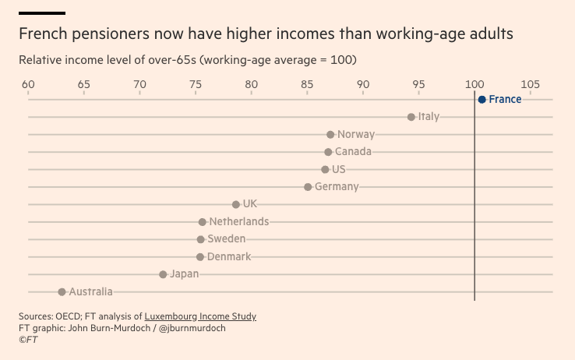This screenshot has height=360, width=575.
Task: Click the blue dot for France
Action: [x=482, y=100]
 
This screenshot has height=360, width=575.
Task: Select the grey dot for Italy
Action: [x=411, y=117]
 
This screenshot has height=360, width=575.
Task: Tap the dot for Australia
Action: [x=62, y=292]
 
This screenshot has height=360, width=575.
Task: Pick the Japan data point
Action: [x=163, y=274]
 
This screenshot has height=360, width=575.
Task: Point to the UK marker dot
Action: [x=236, y=204]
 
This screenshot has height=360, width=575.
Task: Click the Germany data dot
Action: [x=308, y=187]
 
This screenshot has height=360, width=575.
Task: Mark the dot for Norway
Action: [x=330, y=135]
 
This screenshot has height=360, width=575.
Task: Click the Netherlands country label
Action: [x=238, y=221]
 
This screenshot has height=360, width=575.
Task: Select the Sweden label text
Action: [x=226, y=239]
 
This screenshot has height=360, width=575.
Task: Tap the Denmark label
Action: [x=229, y=256]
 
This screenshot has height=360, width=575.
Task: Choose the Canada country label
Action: [x=353, y=152]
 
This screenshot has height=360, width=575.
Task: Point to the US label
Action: [x=338, y=169]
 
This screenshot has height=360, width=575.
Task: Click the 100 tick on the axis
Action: [x=474, y=84]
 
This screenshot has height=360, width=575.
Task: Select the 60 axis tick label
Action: [x=28, y=84]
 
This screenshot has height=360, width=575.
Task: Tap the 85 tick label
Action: [x=307, y=84]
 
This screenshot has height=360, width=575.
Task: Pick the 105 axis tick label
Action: [x=531, y=84]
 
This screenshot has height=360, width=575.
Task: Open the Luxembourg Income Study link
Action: [x=200, y=316]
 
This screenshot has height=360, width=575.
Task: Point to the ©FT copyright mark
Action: [x=28, y=340]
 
